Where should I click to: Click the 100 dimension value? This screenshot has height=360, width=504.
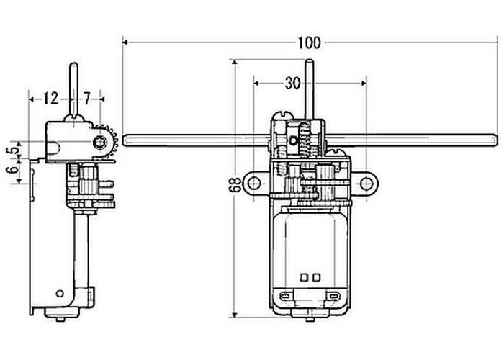tap(309, 42)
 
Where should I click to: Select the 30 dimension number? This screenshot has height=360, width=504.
tap(292, 84)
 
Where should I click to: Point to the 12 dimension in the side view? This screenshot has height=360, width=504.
tap(50, 99)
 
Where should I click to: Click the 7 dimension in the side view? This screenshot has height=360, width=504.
tap(87, 99)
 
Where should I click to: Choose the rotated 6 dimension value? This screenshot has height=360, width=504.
tap(13, 170)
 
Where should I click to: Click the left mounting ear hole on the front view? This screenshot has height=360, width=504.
tap(254, 183)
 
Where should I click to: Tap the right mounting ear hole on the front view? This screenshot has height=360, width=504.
tap(366, 184)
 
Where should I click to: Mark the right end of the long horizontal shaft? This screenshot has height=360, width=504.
tap(498, 140)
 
